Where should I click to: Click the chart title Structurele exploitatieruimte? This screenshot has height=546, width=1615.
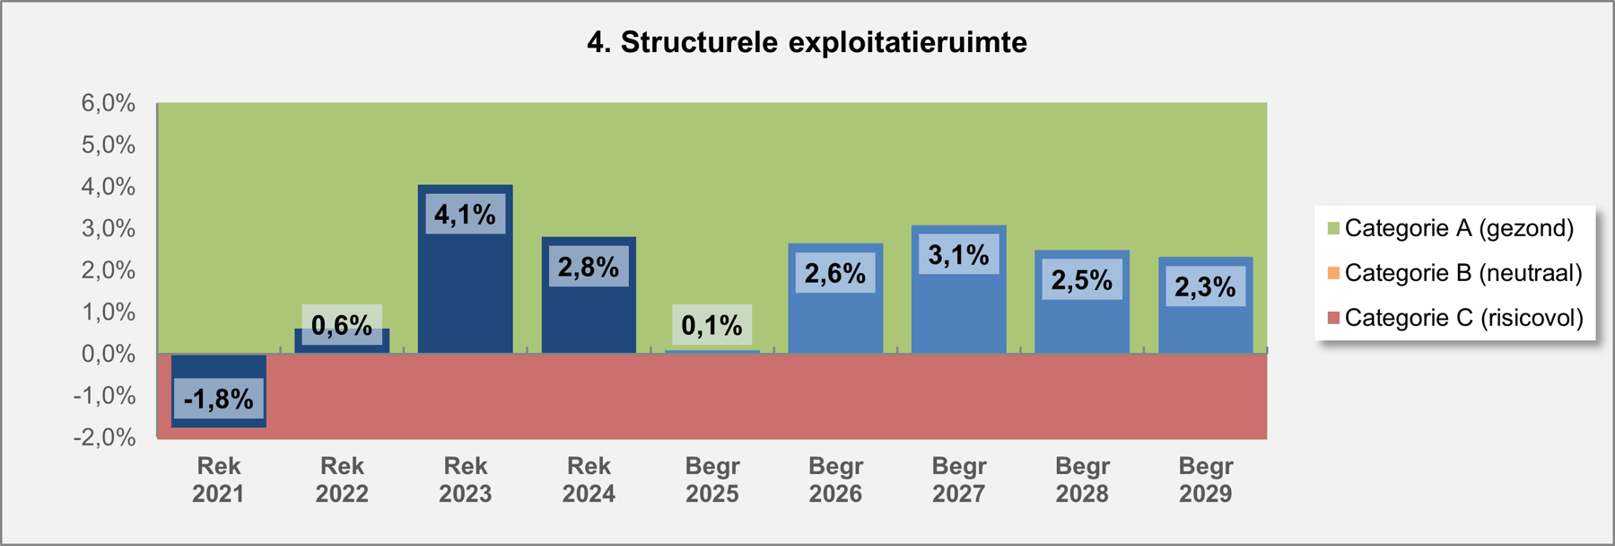[x=807, y=42]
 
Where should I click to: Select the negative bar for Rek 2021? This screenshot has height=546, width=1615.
[x=219, y=390]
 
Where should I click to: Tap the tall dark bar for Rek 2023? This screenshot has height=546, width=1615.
[x=466, y=269]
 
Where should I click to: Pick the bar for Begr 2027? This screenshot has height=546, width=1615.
[x=959, y=289]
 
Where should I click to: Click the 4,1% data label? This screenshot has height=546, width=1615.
[x=466, y=214]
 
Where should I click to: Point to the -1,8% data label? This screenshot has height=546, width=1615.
[x=219, y=399]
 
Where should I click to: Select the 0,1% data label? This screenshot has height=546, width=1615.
[x=712, y=325]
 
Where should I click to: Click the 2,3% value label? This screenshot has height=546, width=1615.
[x=1206, y=286]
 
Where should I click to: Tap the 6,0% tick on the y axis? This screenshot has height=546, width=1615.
[x=109, y=103]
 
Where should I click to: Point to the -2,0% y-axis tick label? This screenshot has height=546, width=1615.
[x=105, y=437]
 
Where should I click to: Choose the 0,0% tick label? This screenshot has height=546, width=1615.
[x=109, y=354]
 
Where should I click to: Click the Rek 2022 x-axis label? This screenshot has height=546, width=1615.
[x=342, y=480]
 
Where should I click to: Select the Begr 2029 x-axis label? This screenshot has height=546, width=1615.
[x=1206, y=480]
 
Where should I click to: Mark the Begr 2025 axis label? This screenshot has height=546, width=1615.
[x=712, y=480]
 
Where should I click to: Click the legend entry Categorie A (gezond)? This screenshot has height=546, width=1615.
[x=1451, y=228]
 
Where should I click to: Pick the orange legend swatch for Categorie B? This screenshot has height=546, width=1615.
[x=1333, y=273]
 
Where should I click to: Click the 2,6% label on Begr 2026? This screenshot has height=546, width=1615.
[x=835, y=273]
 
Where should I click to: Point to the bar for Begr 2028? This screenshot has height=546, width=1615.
[x=1082, y=302]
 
